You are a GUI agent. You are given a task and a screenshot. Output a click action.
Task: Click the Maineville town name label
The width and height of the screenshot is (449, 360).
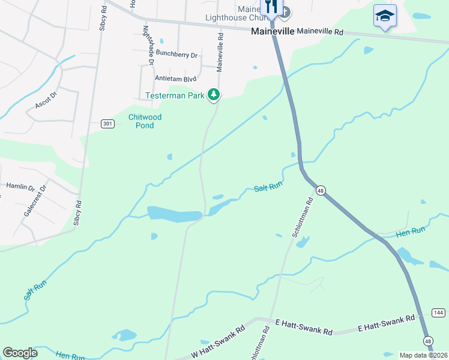(x=272, y=31)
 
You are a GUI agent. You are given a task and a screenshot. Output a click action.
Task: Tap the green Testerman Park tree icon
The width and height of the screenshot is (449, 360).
(x=213, y=95)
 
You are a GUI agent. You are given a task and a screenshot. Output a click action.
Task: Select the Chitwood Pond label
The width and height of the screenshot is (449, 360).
(x=145, y=121)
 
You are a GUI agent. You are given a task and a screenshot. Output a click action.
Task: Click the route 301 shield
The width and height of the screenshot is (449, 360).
(x=107, y=124)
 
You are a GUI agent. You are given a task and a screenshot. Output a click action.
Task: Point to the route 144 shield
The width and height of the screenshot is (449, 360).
(x=438, y=313)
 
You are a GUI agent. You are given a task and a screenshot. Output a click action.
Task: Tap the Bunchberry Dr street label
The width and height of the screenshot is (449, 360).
(x=177, y=55)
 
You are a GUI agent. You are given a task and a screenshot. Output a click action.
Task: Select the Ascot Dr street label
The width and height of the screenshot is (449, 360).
(x=46, y=100)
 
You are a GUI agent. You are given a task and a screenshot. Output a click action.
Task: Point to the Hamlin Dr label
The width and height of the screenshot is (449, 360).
(x=20, y=187)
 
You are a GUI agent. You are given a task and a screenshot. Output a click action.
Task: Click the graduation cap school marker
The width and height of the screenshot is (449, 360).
(x=385, y=16)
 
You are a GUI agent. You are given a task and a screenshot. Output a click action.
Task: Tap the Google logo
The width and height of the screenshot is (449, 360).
(x=20, y=353)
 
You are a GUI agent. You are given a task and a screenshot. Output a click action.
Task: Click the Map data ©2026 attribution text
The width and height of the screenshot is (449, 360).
(x=423, y=355)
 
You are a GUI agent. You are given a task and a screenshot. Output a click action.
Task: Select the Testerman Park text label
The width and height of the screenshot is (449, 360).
(x=175, y=95)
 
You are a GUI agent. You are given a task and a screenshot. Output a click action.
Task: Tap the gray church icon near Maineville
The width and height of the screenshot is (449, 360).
(x=286, y=11)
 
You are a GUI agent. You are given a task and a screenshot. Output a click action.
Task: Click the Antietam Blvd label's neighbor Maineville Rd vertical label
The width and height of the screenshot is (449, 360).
(x=220, y=52)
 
